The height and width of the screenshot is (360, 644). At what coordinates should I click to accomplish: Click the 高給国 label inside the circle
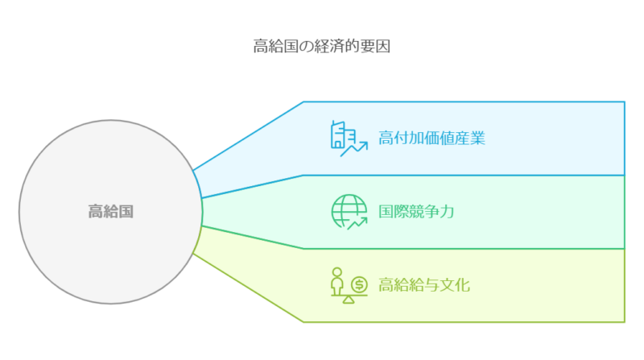(110, 213)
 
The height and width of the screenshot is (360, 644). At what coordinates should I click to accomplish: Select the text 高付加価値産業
(431, 139)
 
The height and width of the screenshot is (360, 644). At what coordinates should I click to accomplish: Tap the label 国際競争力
(416, 212)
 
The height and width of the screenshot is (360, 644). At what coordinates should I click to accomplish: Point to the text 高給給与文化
(424, 285)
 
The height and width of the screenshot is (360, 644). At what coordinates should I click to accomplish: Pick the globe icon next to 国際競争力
(349, 212)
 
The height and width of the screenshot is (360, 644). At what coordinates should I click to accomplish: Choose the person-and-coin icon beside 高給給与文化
(349, 286)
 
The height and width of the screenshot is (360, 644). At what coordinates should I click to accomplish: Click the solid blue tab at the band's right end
(634, 138)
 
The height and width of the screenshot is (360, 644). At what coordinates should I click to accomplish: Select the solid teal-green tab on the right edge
(634, 212)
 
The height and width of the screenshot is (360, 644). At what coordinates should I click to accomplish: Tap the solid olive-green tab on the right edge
(634, 285)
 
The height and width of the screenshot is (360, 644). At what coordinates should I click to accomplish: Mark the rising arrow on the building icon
(355, 147)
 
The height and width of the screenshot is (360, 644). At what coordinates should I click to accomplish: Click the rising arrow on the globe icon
(357, 221)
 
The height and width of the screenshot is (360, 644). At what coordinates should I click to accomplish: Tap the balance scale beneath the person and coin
(349, 299)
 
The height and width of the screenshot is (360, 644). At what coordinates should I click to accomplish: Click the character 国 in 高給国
(126, 213)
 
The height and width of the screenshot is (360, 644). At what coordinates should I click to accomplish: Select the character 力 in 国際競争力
(447, 212)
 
